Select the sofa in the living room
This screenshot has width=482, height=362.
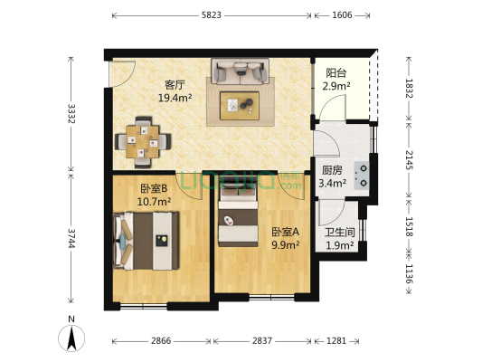240,71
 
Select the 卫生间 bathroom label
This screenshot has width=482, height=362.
339,231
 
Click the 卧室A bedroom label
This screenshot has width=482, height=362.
286,231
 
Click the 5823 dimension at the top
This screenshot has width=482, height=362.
212,16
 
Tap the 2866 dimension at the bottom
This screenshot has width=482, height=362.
161,341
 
